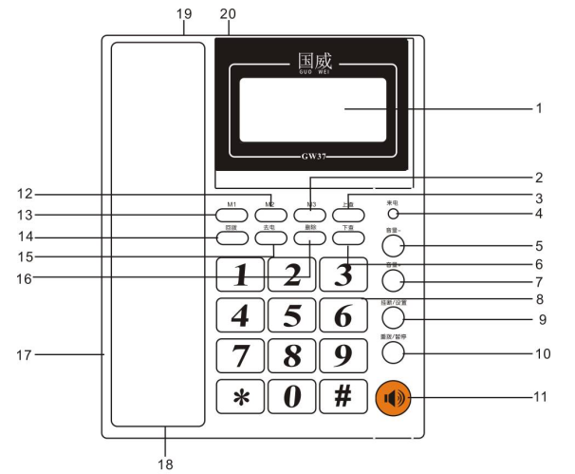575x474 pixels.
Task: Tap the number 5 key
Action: tap(292, 314)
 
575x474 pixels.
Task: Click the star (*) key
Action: tap(240, 396)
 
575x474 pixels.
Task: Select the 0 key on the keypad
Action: tap(292, 396)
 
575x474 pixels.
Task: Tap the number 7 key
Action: tap(240, 356)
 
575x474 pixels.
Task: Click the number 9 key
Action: tap(343, 356)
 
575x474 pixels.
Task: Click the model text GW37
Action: tap(314, 155)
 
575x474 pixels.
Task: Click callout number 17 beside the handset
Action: tap(25, 355)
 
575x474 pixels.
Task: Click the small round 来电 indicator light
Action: tap(392, 215)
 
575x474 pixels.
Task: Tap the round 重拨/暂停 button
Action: tap(395, 352)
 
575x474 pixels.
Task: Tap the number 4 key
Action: tap(240, 314)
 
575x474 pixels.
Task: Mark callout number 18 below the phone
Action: tap(165, 464)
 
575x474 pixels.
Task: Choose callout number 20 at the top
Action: tap(227, 12)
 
